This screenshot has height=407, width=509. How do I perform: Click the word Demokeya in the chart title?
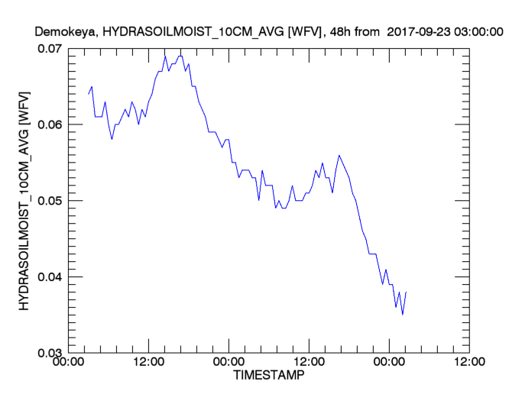click(65, 32)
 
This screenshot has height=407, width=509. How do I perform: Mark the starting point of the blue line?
click(89, 94)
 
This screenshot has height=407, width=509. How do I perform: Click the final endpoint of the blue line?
click(406, 292)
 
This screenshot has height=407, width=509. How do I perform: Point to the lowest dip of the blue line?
click(403, 314)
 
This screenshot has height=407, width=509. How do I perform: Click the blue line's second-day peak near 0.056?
click(339, 155)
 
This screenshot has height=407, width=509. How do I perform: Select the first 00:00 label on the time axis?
click(69, 363)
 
